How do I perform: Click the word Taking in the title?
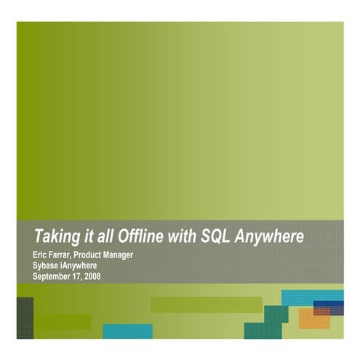57,236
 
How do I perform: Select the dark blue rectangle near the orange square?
331,305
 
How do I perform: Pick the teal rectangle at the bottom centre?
127,332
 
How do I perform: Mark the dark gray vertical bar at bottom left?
25,318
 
